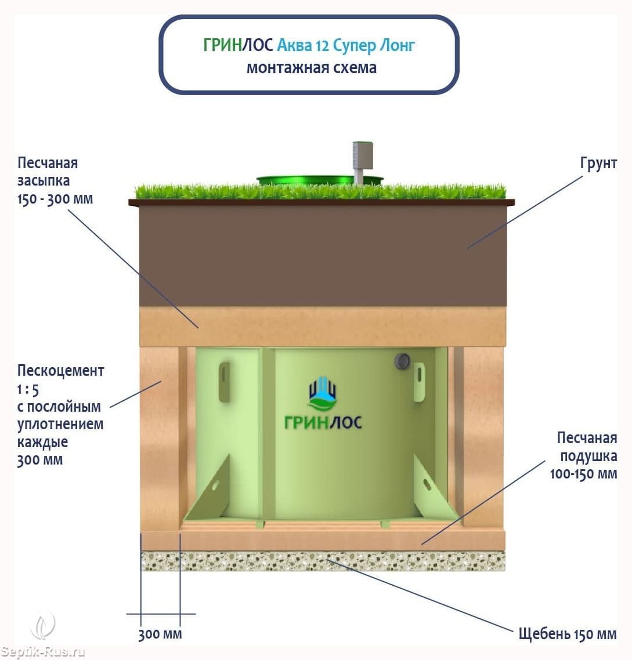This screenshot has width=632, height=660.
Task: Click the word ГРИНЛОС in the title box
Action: point(238,45)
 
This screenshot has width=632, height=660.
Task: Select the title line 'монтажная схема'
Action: point(312,68)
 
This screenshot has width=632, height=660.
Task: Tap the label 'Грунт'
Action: point(598,164)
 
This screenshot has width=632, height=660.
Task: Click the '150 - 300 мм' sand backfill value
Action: point(55,199)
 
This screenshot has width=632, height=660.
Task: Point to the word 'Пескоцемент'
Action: point(61,371)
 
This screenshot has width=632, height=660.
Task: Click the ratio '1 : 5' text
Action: point(28,389)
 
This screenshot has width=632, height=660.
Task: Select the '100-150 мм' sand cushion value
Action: point(583,473)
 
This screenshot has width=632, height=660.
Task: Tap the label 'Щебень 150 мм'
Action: point(567,633)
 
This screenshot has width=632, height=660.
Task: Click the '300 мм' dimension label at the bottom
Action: point(160,634)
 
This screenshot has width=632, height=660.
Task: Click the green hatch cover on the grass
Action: point(320,181)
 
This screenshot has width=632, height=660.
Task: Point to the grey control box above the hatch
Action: point(363,156)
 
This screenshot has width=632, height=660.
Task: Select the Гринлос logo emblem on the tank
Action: point(322,393)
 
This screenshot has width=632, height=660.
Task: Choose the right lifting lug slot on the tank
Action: point(419,382)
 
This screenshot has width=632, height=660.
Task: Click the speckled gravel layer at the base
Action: point(322,561)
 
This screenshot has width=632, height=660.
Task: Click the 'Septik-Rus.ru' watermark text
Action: point(42,651)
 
